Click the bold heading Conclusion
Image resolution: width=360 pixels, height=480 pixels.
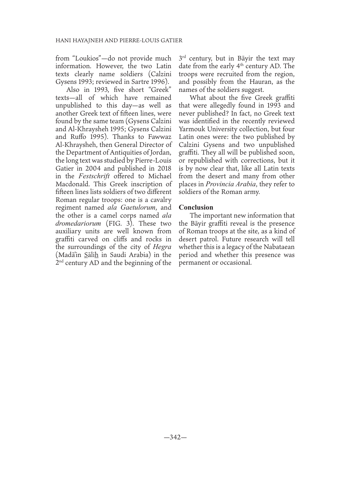coord(196,208)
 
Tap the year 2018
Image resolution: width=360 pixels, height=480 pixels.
coord(162,168)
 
